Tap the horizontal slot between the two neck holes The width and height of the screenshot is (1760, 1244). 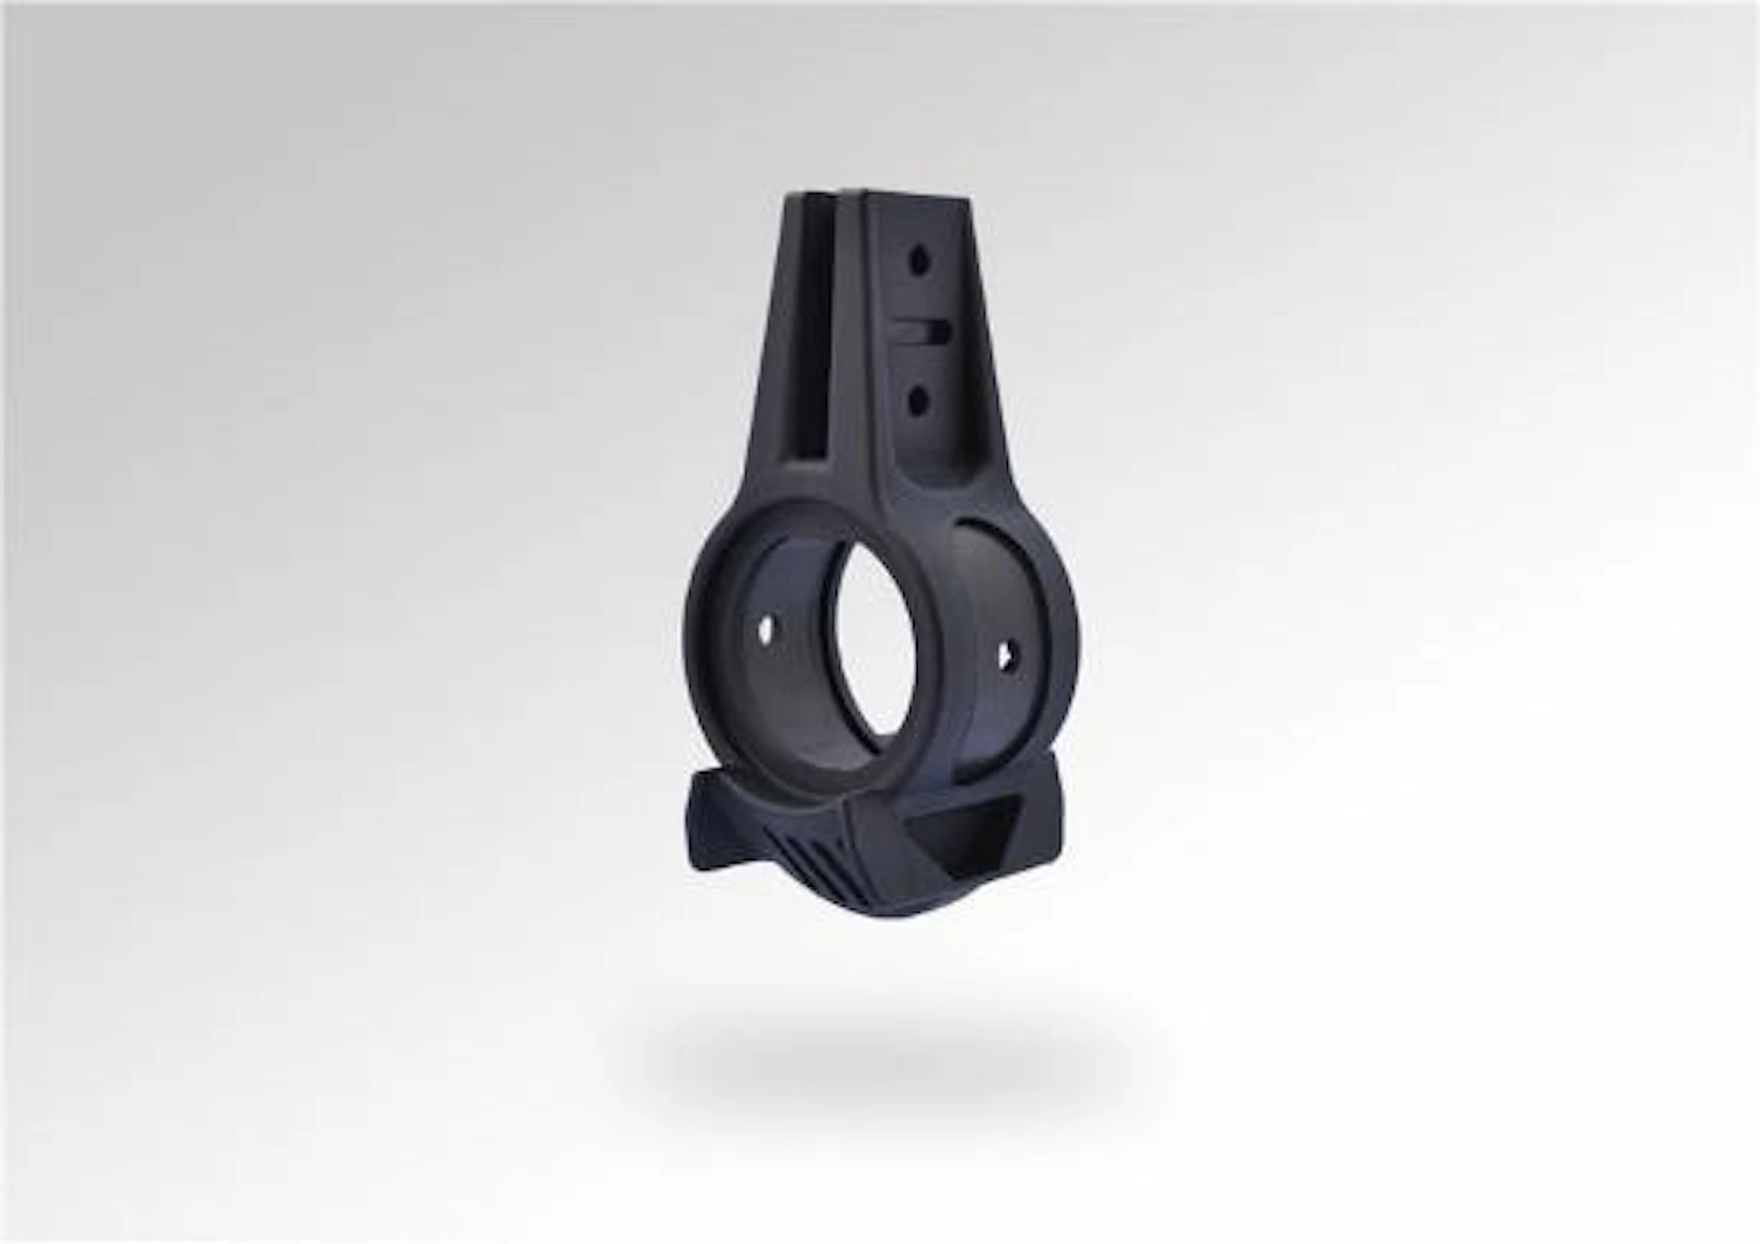(922, 330)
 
